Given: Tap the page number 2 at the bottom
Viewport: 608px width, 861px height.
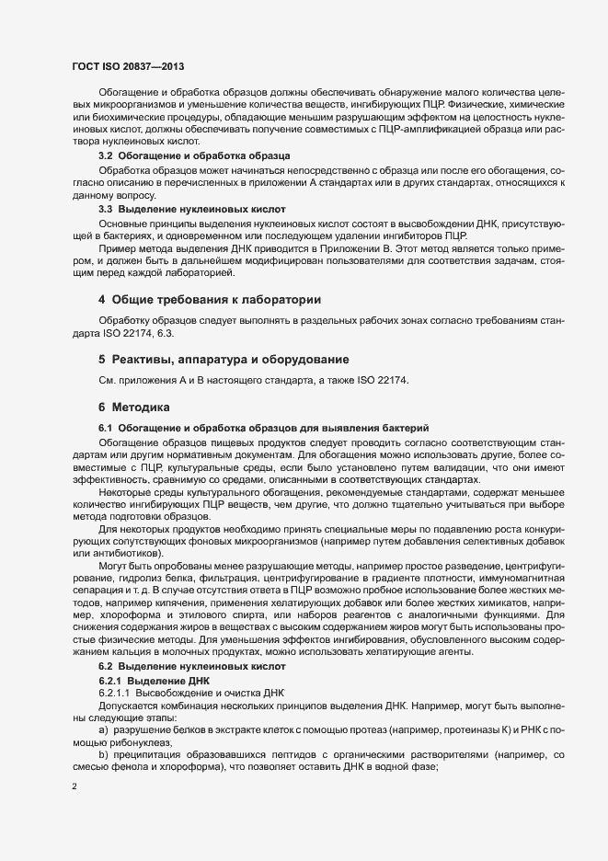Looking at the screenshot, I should (x=75, y=787).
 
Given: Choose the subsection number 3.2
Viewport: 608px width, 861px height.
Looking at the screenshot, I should (x=106, y=156).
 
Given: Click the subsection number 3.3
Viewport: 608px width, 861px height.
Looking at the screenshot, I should (x=106, y=210).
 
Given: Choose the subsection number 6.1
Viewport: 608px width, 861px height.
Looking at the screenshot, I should (x=106, y=429).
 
